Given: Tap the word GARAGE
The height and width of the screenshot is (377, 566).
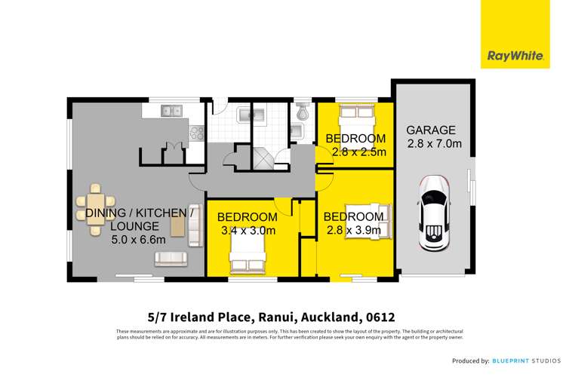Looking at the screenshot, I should point(429,130).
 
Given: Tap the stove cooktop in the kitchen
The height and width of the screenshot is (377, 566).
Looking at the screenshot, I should point(197,133).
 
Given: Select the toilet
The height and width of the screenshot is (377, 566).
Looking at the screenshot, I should point(303,112).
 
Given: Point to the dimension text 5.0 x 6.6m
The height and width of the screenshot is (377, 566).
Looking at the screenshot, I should point(122,239).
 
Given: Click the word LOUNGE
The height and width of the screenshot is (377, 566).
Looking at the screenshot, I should point(134,226).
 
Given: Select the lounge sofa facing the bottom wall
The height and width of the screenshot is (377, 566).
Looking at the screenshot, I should point(171,259).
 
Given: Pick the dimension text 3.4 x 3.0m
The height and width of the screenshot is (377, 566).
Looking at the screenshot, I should point(247,231).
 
